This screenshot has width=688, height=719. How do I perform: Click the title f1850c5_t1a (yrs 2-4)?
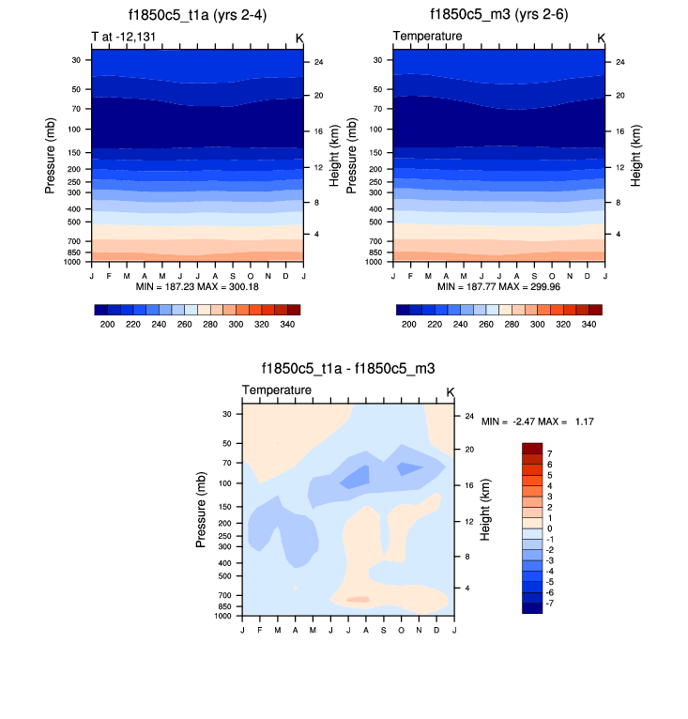click(x=197, y=15)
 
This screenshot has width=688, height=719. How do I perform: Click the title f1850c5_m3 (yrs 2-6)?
click(x=498, y=15)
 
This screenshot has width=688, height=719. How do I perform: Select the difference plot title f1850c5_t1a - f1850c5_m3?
click(x=347, y=370)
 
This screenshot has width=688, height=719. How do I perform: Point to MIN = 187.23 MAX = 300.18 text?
click(x=197, y=285)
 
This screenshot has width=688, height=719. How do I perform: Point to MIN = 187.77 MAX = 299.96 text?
click(x=498, y=285)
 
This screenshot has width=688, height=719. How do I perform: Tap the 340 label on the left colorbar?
click(x=287, y=323)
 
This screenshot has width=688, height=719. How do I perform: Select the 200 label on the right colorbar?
click(x=408, y=323)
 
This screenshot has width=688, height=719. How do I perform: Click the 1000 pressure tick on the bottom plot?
click(x=222, y=617)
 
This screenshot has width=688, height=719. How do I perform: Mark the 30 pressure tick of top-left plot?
click(x=75, y=59)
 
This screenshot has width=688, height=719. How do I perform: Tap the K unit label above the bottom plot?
click(x=450, y=391)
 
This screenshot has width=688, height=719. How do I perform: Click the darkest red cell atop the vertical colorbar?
click(x=532, y=448)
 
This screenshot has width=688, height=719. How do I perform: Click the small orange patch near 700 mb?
click(x=358, y=599)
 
